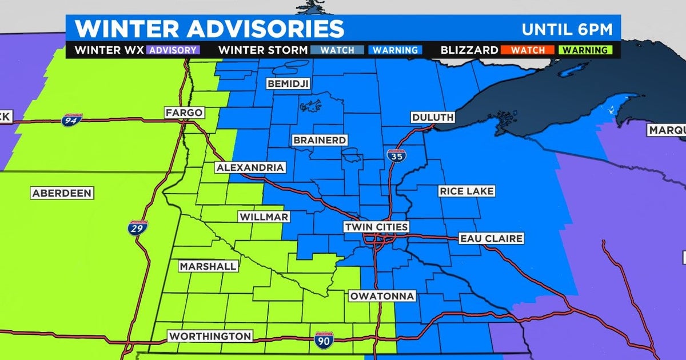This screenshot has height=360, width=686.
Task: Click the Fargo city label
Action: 184,113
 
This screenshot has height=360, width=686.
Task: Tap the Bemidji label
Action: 288,85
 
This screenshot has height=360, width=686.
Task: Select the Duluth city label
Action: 433,117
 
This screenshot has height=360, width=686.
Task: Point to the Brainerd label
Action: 320,140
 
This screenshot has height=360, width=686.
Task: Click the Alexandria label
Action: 250,167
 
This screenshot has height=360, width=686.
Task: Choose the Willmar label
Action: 264,217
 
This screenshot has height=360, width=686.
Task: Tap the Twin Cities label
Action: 376,227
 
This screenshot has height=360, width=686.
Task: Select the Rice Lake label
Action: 466,191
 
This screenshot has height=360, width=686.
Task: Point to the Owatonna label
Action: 382,297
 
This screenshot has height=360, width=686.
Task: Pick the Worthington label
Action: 209,337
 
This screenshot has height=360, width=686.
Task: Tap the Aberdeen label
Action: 62,193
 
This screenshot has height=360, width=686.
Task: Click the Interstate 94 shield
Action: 71,120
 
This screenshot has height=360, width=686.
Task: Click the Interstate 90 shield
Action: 322,341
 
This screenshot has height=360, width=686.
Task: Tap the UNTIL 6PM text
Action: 568,29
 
